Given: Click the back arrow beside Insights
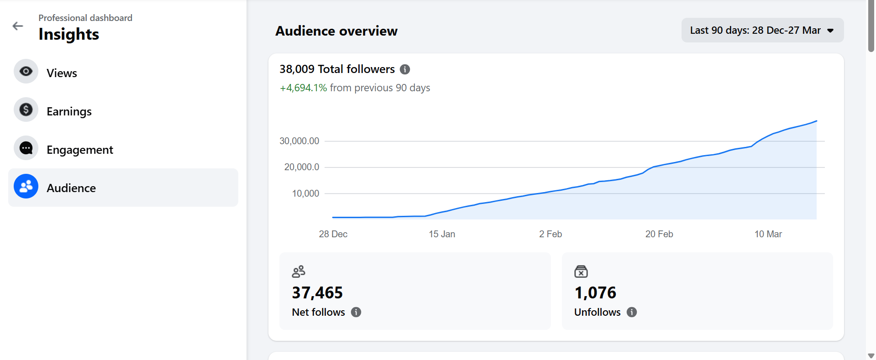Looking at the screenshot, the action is pos(18,26).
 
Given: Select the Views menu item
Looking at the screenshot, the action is pos(62,73).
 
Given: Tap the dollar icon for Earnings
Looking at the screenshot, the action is pos(26,110).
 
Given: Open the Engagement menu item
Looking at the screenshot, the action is pos(80,150).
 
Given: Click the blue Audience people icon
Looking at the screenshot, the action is pos(26,186).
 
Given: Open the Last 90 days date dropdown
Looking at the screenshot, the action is pos(762,30).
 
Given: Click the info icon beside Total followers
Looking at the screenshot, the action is pos(405,69).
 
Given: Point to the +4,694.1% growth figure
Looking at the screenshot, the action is pos(303,88).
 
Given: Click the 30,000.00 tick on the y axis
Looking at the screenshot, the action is pos(299,141).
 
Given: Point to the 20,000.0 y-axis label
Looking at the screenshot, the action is pos(302,167).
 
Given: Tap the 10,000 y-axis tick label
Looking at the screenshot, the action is pos(305,193).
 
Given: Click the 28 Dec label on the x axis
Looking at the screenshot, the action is pos(333,234).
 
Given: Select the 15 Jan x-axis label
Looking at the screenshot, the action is pos(442,234).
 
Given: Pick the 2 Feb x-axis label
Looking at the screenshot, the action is pos(551,234).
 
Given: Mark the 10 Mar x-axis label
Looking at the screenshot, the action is pos(768,234).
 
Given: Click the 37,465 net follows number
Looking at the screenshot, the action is pos(317,292).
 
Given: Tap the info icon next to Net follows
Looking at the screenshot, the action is pos(356,312).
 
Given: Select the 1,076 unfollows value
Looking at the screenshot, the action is pos(595,292).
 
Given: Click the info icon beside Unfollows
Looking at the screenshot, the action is pos(632,312).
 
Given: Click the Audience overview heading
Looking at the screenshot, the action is pos(336,31).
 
